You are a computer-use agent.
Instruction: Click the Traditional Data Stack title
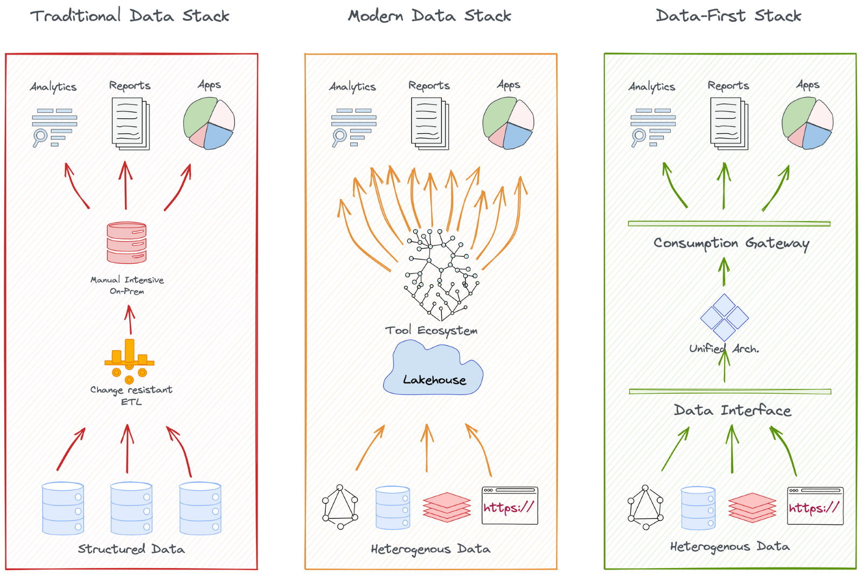pos(129,16)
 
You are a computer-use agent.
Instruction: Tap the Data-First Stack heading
pos(728,16)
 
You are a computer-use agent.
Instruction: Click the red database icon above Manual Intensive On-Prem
pos(127,243)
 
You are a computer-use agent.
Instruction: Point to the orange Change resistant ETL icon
pos(129,359)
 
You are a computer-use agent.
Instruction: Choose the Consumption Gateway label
pos(731,243)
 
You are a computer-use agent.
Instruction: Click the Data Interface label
pos(732,410)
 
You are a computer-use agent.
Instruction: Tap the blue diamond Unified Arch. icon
pos(724,317)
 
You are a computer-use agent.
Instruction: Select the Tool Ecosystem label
pos(431,330)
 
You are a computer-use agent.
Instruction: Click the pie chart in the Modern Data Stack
pos(508,123)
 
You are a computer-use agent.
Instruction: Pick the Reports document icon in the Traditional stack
pos(130,124)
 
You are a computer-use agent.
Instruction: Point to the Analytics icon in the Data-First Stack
pos(652,127)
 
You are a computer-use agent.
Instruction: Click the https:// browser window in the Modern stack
pos(510,505)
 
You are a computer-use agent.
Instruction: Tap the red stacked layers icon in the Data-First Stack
pos(752,508)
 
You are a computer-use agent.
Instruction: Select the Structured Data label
pos(131,549)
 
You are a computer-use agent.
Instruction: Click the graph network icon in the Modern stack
pos(340,506)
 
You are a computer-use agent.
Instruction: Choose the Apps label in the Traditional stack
pos(209,85)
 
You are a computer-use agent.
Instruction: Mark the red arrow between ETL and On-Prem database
pos(129,320)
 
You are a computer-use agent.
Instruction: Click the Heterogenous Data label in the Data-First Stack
pos(730,546)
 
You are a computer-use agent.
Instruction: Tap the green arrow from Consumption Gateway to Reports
pos(724,186)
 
